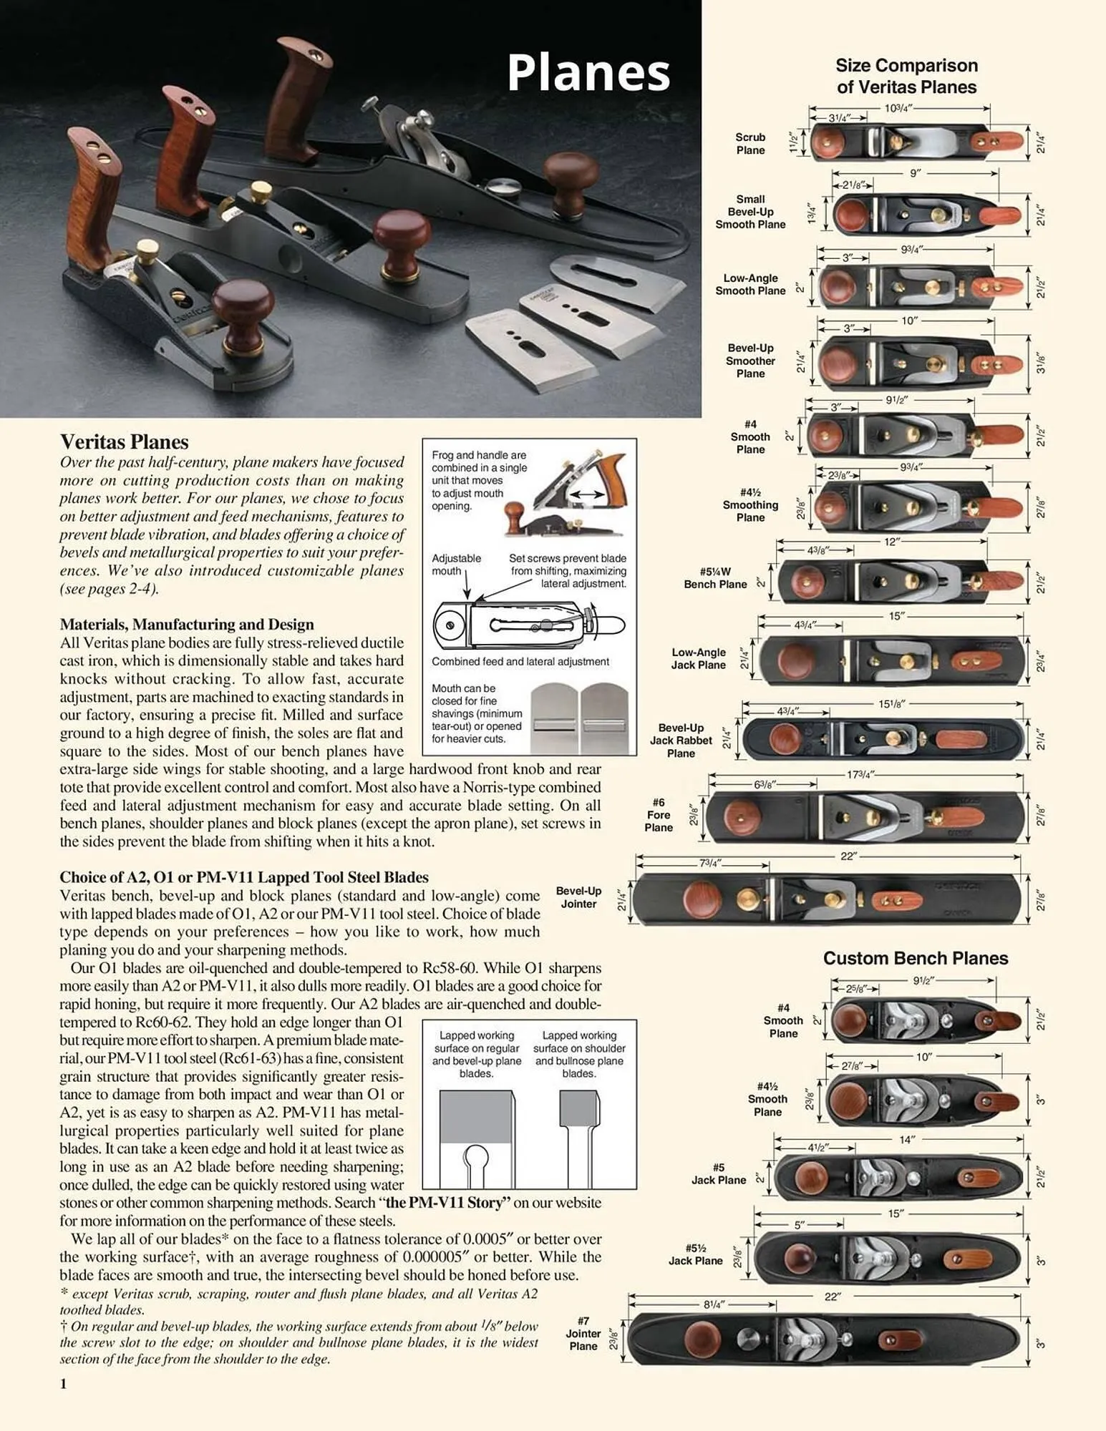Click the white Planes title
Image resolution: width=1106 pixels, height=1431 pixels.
click(x=588, y=73)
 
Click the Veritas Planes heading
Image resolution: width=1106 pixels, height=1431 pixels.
click(x=124, y=441)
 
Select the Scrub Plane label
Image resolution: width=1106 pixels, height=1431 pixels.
click(x=750, y=143)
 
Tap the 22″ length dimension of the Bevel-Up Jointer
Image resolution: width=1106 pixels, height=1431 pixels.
click(x=848, y=856)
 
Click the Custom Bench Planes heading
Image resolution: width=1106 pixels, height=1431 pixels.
click(x=915, y=958)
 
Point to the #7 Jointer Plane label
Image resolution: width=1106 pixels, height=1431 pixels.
click(x=583, y=1333)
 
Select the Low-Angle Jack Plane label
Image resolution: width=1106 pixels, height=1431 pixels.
click(x=698, y=658)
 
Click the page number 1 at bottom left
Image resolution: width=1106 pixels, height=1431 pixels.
click(x=63, y=1383)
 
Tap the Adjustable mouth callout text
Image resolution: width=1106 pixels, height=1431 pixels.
click(x=456, y=564)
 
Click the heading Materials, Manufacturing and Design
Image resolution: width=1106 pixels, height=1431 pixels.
click(x=187, y=624)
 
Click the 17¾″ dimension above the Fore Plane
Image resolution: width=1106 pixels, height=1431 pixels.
click(x=860, y=774)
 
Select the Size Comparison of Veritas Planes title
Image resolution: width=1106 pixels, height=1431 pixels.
click(x=906, y=76)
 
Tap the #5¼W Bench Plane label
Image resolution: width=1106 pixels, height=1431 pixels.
click(x=715, y=578)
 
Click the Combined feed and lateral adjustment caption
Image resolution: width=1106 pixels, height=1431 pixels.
click(x=520, y=662)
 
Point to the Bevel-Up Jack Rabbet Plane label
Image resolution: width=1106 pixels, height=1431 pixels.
click(x=681, y=740)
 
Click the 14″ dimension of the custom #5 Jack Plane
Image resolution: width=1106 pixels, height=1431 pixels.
click(x=907, y=1140)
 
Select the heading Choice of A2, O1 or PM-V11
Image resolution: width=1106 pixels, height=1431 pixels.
click(x=244, y=877)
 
